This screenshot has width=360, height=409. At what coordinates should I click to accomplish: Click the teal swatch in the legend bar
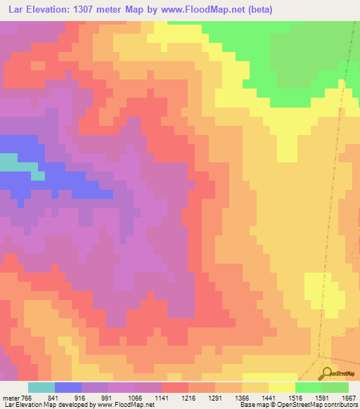pos(41,387)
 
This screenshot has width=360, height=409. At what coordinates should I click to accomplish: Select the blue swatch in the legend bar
pos(68,387)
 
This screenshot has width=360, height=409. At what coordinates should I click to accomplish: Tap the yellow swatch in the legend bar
pos(282,387)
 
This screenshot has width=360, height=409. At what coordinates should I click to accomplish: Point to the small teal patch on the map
pos(8,162)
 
